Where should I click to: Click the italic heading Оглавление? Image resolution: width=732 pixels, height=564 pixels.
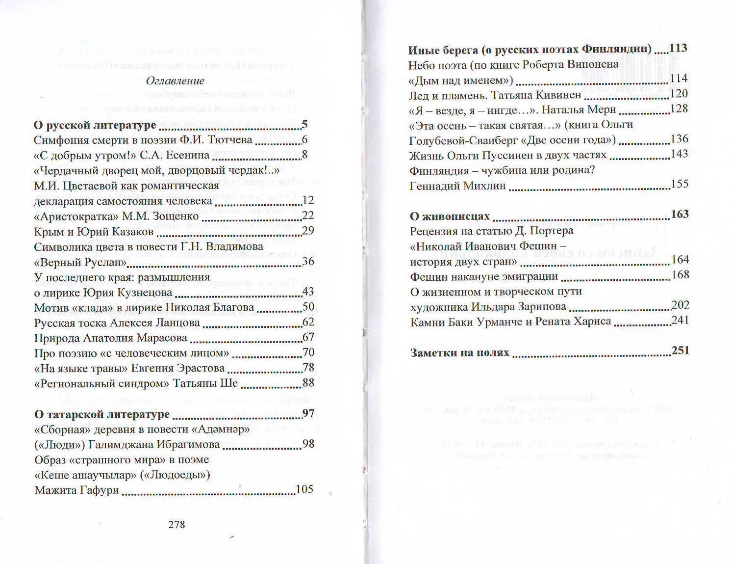tap(175, 81)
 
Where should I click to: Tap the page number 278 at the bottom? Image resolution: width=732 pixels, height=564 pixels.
tap(177, 524)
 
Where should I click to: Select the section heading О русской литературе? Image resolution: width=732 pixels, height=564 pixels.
tap(95, 125)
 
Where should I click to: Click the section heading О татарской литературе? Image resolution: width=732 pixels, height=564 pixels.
tap(102, 414)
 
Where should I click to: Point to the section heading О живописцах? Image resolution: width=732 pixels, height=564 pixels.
tap(450, 216)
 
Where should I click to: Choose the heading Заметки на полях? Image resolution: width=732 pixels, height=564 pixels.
tap(460, 352)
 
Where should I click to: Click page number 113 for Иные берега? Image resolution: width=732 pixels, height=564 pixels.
tap(678, 48)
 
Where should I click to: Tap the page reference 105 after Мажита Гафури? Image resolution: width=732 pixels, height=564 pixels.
tap(304, 489)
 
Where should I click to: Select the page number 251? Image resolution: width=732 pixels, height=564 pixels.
tap(681, 350)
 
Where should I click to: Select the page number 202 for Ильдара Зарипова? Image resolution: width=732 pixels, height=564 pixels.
tap(680, 305)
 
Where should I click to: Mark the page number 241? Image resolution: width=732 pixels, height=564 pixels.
tap(680, 321)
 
